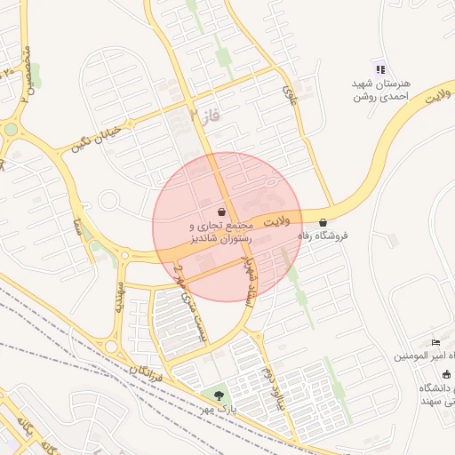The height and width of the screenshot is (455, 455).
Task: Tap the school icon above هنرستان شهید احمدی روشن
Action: [x=380, y=69]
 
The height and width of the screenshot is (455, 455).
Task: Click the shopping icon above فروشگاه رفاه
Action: [x=322, y=222]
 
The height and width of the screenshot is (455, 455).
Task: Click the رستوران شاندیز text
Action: [x=220, y=239]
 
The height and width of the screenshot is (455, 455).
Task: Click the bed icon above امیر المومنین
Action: [x=435, y=342]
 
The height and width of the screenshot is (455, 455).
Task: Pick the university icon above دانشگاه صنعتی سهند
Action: [x=445, y=374]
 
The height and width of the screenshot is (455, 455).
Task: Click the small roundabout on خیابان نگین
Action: [x=11, y=130]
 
